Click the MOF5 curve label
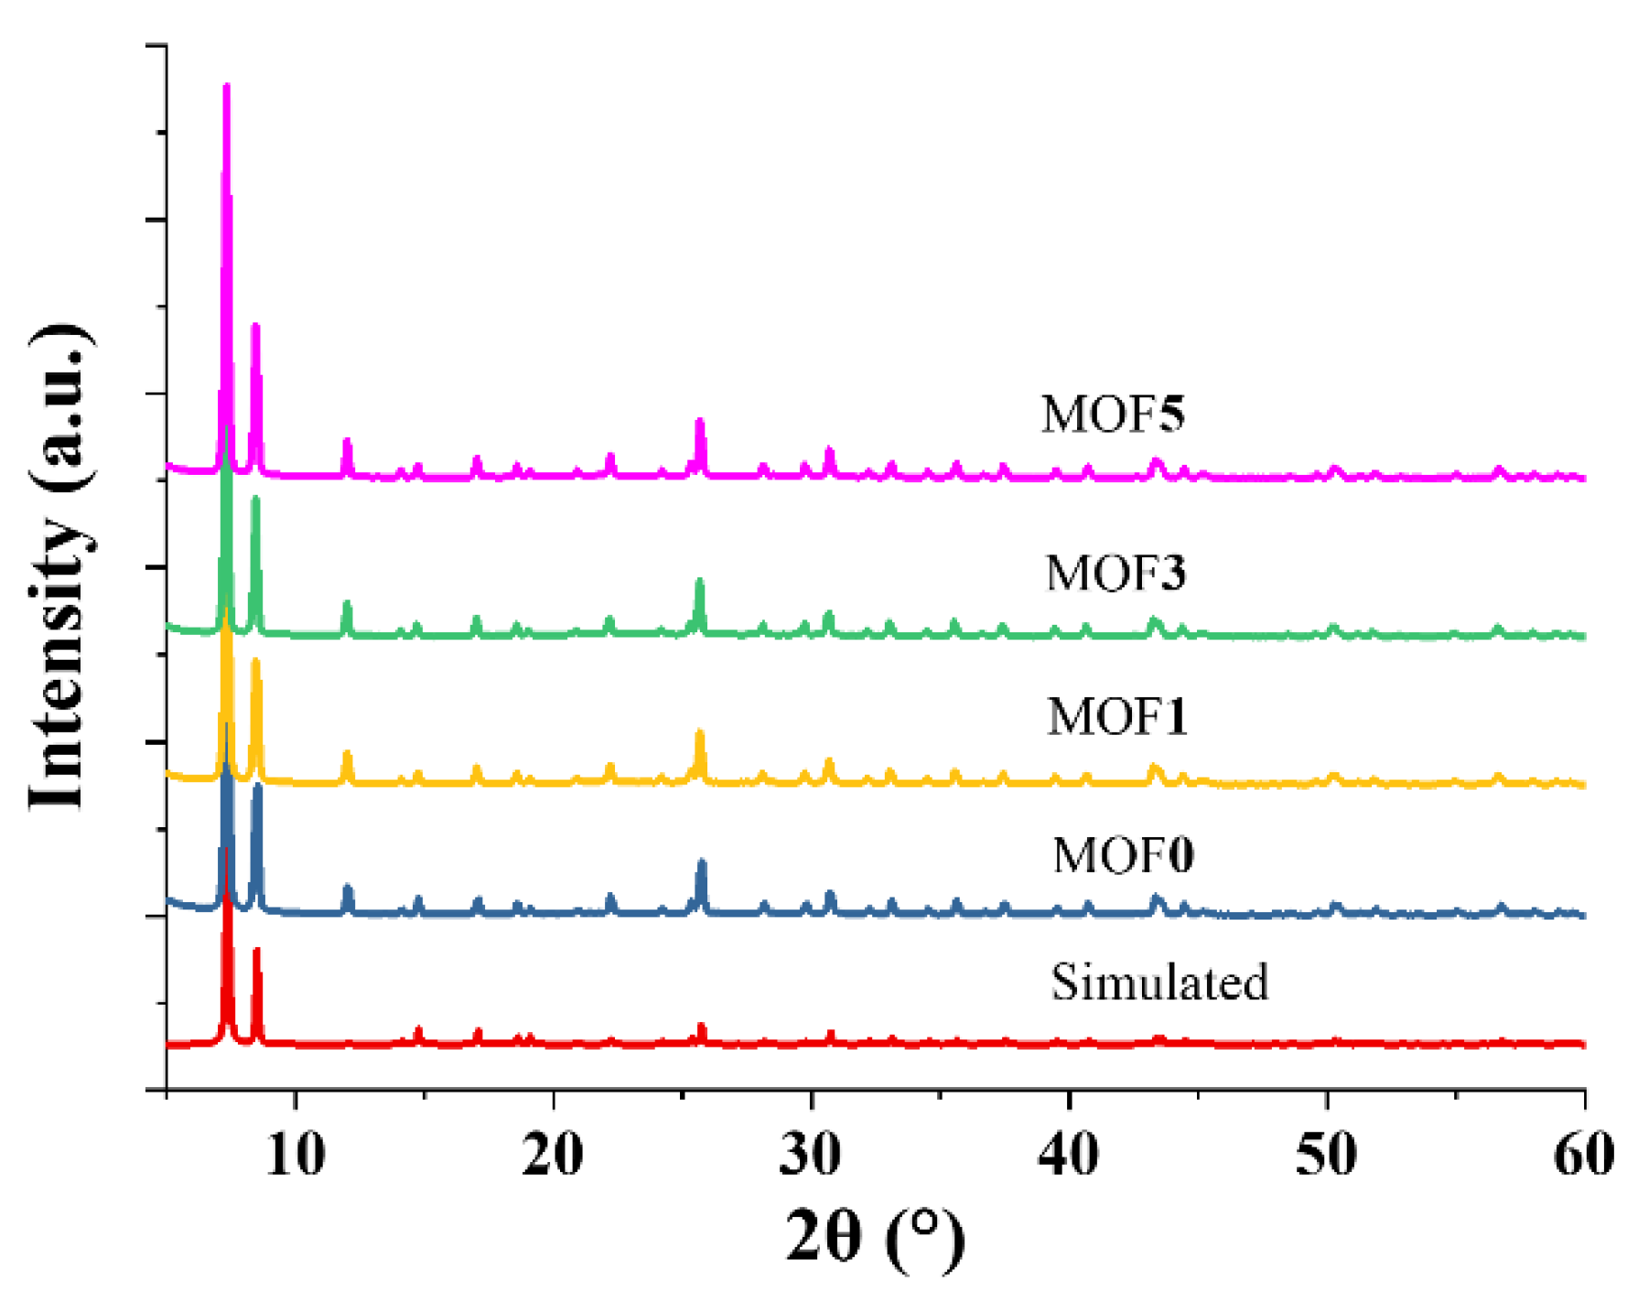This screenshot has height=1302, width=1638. point(1113,414)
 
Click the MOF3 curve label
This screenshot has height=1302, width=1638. point(1115,575)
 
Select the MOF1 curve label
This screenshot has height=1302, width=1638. point(1117,716)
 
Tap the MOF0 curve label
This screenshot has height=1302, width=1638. point(1123,856)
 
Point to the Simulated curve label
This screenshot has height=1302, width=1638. point(1159,983)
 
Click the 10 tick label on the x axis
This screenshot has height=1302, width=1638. point(296,1155)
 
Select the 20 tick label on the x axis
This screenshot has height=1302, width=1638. point(553,1155)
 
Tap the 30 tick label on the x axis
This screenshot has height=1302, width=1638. point(811,1155)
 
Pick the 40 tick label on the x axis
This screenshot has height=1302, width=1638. point(1069,1155)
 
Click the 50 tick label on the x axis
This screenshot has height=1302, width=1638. point(1327,1155)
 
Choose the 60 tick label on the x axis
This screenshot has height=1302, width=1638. point(1583,1155)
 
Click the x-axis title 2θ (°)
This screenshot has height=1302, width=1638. point(875,1237)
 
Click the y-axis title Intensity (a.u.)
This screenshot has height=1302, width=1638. point(59,567)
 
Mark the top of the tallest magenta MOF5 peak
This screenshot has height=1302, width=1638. point(226,87)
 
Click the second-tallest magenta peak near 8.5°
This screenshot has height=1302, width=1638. point(255,327)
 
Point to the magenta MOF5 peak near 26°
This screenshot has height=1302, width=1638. point(700,422)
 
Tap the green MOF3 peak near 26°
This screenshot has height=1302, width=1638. point(700,582)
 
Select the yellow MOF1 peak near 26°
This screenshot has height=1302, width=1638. point(700,733)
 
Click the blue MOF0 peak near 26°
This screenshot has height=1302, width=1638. point(702,863)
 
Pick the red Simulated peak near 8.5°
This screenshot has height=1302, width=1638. point(257,952)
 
